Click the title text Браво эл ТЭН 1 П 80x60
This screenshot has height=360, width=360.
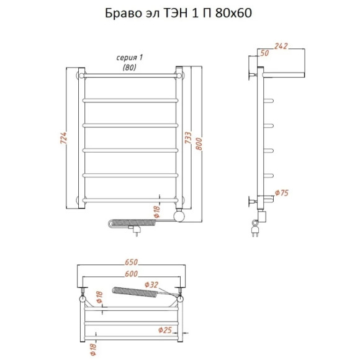(x=178, y=13)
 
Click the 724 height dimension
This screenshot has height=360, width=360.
(x=63, y=138)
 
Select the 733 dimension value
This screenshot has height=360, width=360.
(x=188, y=138)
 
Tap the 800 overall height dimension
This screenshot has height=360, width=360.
(x=199, y=144)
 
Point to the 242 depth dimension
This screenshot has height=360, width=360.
(x=281, y=46)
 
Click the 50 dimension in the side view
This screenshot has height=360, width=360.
(x=264, y=53)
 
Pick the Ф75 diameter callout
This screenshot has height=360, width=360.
(x=282, y=193)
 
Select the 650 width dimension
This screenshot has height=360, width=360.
(x=131, y=262)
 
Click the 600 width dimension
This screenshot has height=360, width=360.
(x=131, y=274)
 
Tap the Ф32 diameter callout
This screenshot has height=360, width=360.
(x=151, y=285)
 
